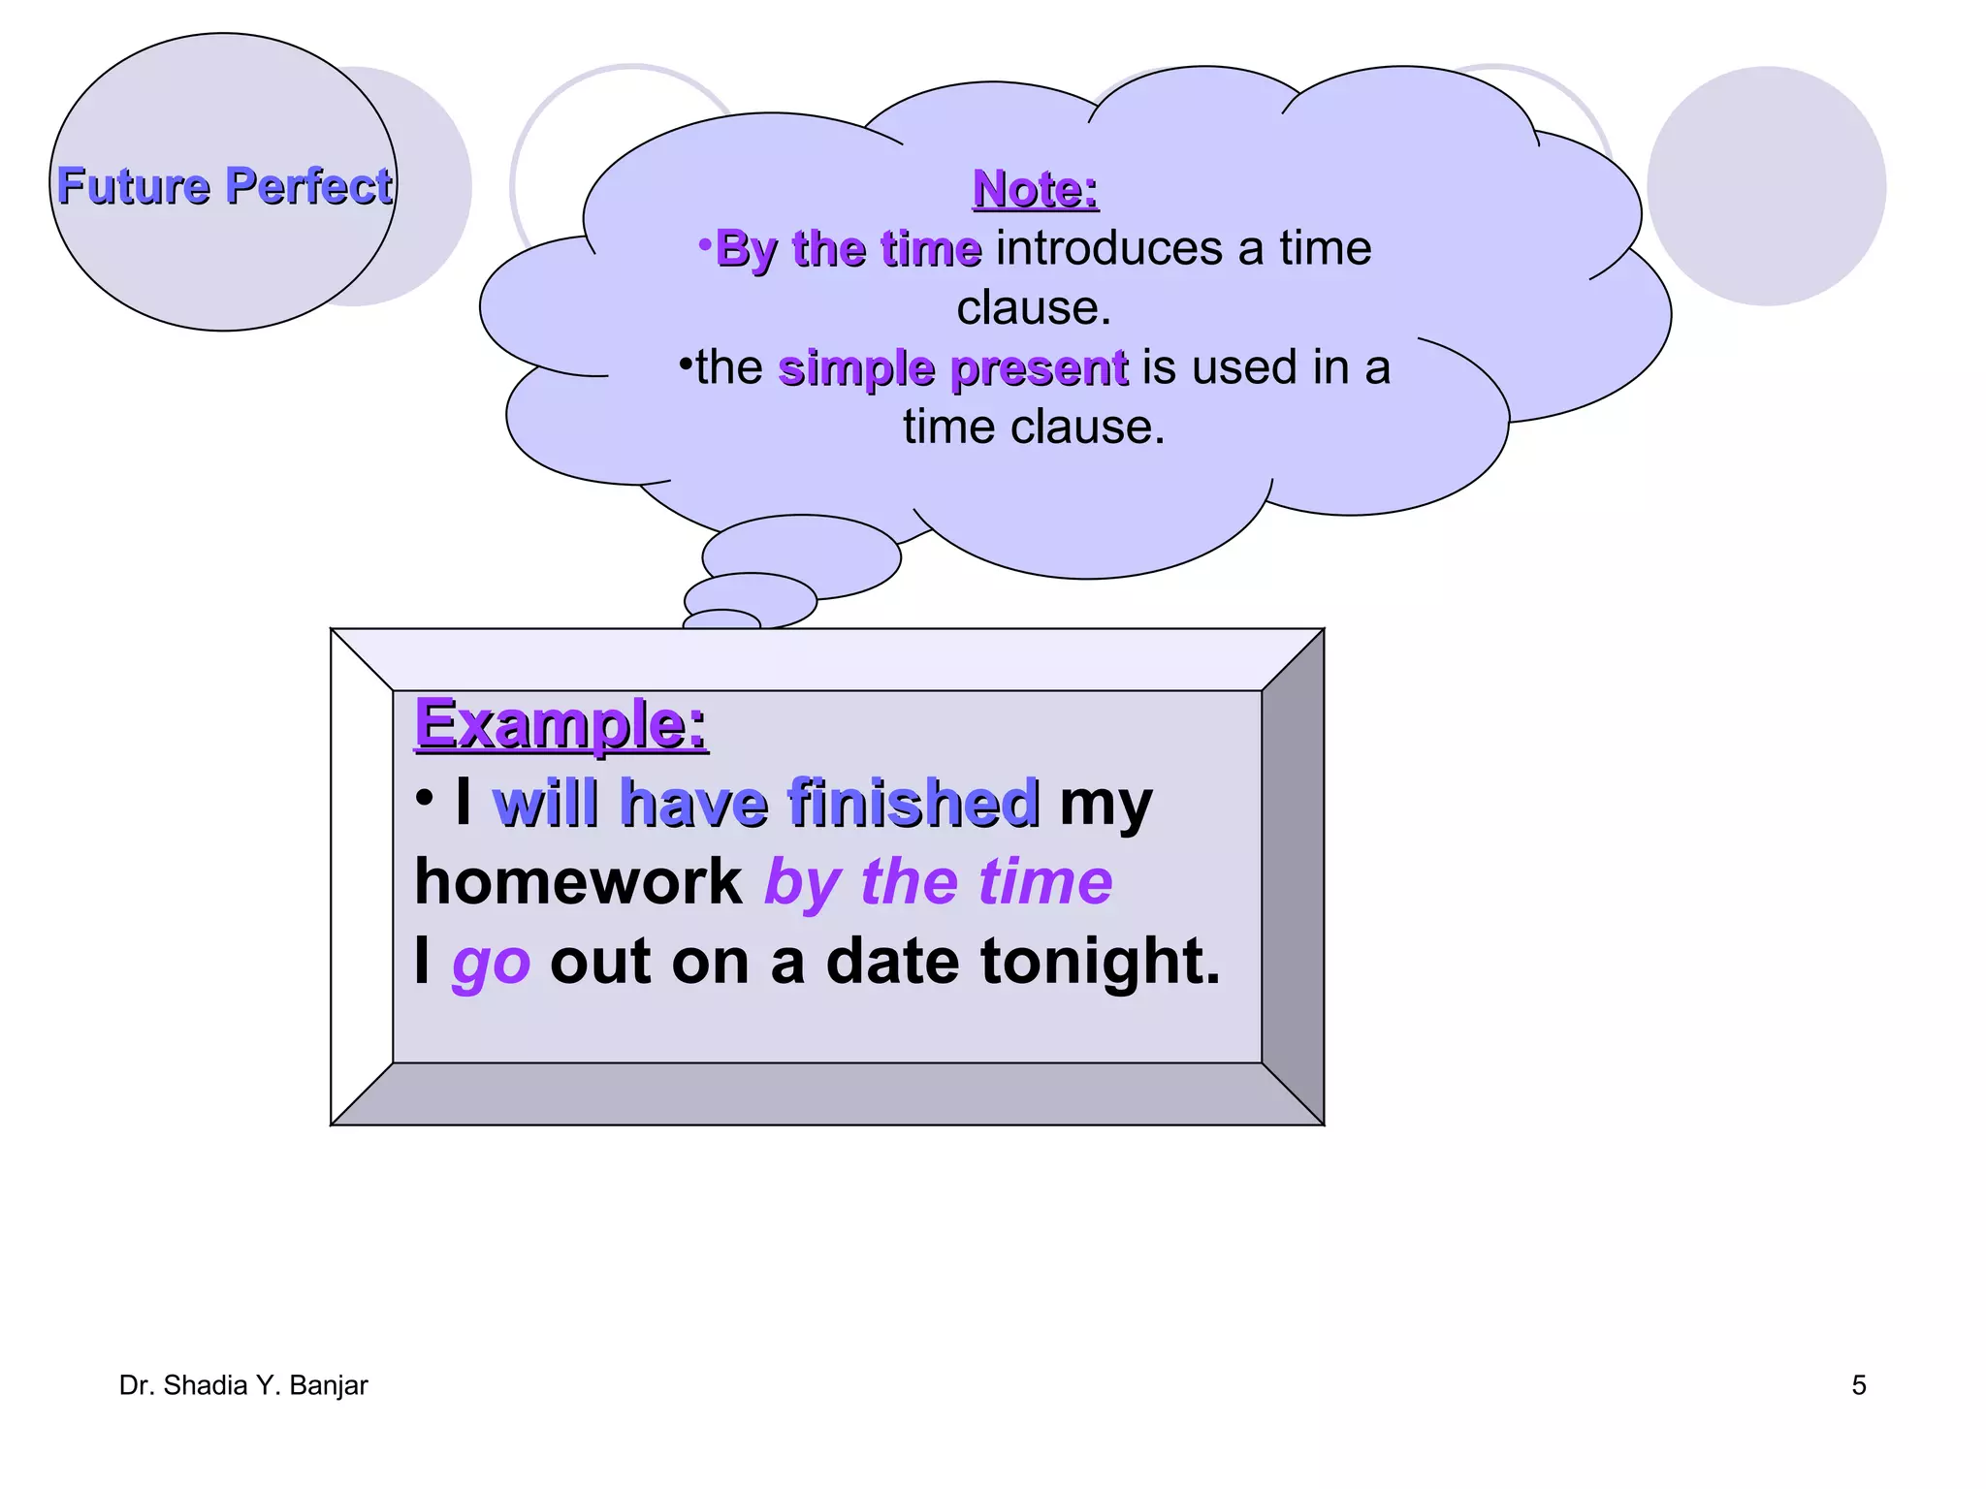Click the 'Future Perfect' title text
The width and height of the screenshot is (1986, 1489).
click(224, 185)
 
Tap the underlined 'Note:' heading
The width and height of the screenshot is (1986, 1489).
click(1035, 188)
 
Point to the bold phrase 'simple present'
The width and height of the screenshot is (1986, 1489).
click(953, 368)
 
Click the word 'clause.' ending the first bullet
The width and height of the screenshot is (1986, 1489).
click(1034, 308)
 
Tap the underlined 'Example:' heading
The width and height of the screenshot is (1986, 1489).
click(561, 724)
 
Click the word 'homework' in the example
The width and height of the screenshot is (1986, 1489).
click(578, 881)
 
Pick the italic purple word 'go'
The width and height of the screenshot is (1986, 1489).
click(492, 962)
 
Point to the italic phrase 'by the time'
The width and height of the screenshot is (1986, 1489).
click(938, 882)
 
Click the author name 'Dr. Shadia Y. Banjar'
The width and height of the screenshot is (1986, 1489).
click(243, 1385)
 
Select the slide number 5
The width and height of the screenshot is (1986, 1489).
click(1858, 1385)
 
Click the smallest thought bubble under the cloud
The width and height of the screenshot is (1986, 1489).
click(721, 619)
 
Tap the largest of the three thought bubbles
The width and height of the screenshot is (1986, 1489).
click(801, 555)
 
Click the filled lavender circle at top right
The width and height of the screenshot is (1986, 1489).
click(1766, 186)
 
